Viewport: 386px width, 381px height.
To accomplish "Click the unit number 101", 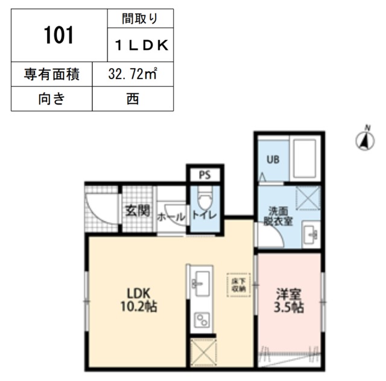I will pyautogui.click(x=59, y=36).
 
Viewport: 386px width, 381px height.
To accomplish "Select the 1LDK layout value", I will pyautogui.click(x=141, y=44).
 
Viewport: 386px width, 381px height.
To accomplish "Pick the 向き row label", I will pyautogui.click(x=51, y=98).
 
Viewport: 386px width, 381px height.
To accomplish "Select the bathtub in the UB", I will pyautogui.click(x=304, y=158).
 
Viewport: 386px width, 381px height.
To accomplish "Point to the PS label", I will pyautogui.click(x=204, y=176).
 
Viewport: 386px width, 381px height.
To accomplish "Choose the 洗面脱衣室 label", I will pyautogui.click(x=280, y=216).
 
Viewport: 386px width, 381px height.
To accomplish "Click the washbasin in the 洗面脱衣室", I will pyautogui.click(x=310, y=234).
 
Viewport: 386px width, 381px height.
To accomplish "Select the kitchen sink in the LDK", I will pyautogui.click(x=201, y=281).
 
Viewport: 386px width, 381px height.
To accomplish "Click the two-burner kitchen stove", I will pyautogui.click(x=201, y=319).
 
